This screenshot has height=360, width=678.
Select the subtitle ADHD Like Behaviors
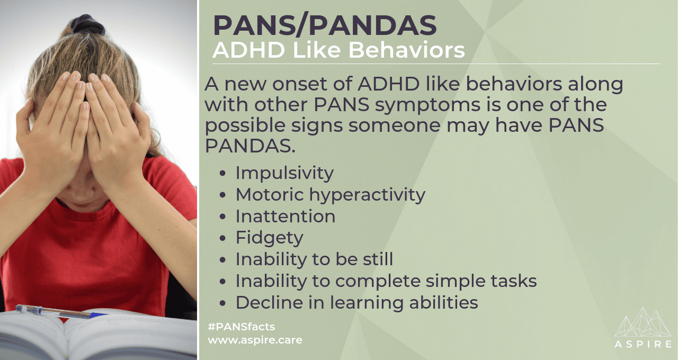pyautogui.click(x=338, y=50)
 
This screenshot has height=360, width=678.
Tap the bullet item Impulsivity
pyautogui.click(x=284, y=173)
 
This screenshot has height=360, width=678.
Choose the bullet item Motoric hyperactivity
pyautogui.click(x=331, y=195)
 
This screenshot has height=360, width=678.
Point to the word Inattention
pyautogui.click(x=286, y=217)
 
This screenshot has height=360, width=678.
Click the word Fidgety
pyautogui.click(x=270, y=238)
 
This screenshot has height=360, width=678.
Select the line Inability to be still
pyautogui.click(x=314, y=259)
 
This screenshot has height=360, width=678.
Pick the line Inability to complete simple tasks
pyautogui.click(x=386, y=281)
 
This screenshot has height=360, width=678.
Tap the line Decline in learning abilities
pyautogui.click(x=357, y=302)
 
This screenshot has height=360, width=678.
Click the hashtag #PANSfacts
pyautogui.click(x=242, y=327)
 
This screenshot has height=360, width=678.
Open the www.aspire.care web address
pyautogui.click(x=255, y=340)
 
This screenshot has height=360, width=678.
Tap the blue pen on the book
pyautogui.click(x=60, y=312)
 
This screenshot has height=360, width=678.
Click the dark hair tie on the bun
pyautogui.click(x=88, y=24)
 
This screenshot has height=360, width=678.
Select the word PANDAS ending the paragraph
pyautogui.click(x=250, y=147)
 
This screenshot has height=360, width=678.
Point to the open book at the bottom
pyautogui.click(x=99, y=336)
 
